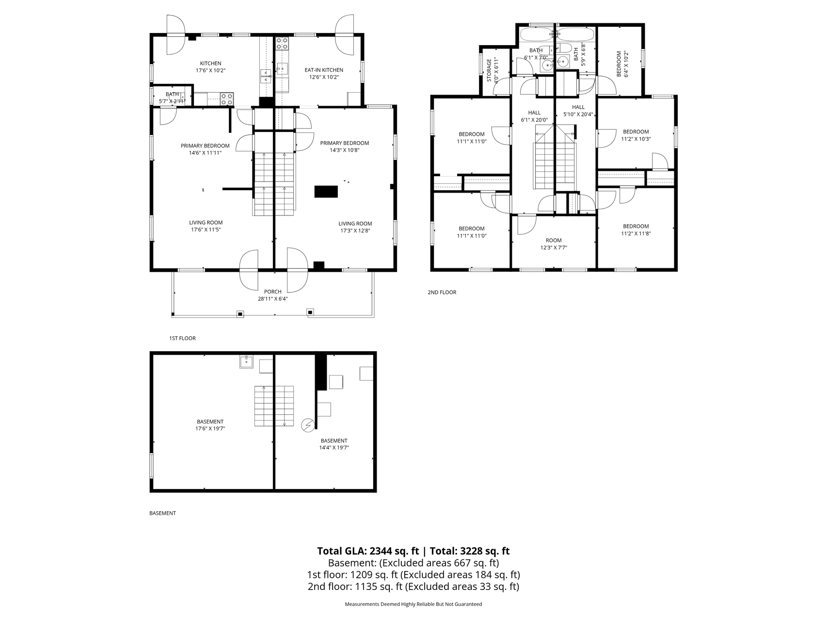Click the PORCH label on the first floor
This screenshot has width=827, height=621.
pyautogui.click(x=273, y=292)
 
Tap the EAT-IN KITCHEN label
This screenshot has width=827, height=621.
pyautogui.click(x=324, y=70)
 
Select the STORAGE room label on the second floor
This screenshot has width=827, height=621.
pyautogui.click(x=489, y=70)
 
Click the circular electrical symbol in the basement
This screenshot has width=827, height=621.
pyautogui.click(x=308, y=425)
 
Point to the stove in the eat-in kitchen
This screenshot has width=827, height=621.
pyautogui.click(x=282, y=44)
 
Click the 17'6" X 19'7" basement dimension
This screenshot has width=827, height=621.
pyautogui.click(x=210, y=428)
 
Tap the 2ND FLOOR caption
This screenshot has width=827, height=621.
pyautogui.click(x=442, y=292)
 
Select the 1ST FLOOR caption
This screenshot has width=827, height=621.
pyautogui.click(x=182, y=338)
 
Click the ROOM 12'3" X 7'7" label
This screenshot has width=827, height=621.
pyautogui.click(x=554, y=244)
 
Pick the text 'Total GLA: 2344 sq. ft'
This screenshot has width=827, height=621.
pyautogui.click(x=368, y=551)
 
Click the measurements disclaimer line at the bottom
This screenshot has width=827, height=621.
pyautogui.click(x=413, y=604)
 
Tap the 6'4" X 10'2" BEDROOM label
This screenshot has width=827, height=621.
pyautogui.click(x=622, y=64)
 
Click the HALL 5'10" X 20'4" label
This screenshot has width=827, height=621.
pyautogui.click(x=578, y=111)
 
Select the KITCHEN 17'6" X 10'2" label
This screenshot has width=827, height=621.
pyautogui.click(x=211, y=66)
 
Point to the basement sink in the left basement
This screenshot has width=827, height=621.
pyautogui.click(x=246, y=362)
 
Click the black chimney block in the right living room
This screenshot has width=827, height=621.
pyautogui.click(x=326, y=191)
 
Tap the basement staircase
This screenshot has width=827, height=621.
pyautogui.click(x=274, y=406)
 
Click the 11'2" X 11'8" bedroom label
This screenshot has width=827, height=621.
pyautogui.click(x=636, y=229)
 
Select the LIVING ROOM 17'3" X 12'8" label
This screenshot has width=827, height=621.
pyautogui.click(x=355, y=227)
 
